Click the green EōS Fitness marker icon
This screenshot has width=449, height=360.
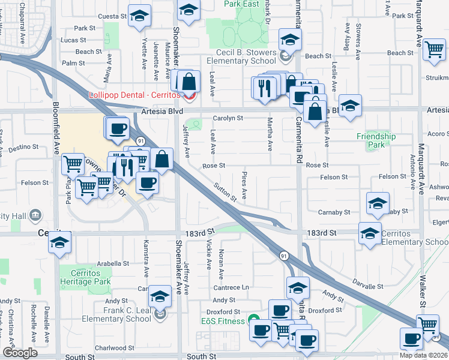click(254, 321)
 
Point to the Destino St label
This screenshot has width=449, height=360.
click(24, 146)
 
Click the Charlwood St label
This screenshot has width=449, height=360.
click(110, 347)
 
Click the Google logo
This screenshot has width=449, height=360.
click(20, 353)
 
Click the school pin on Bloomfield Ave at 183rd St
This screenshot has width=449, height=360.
click(59, 242)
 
